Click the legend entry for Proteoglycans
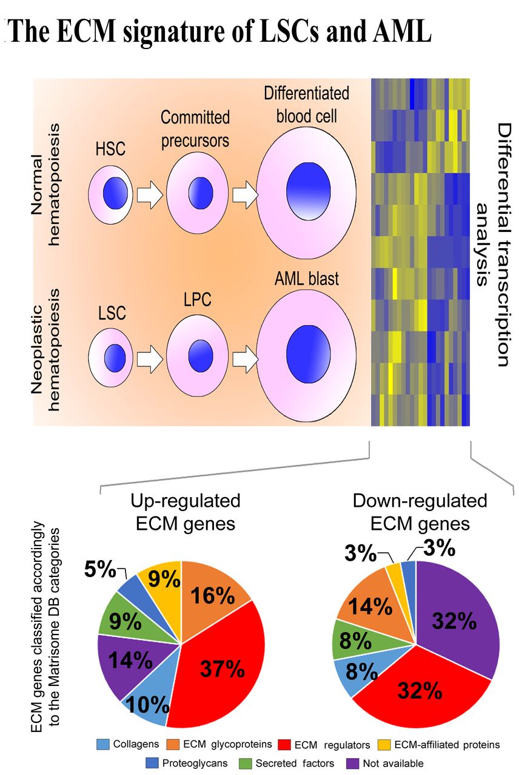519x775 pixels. [184, 763]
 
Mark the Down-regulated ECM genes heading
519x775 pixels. [420, 512]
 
